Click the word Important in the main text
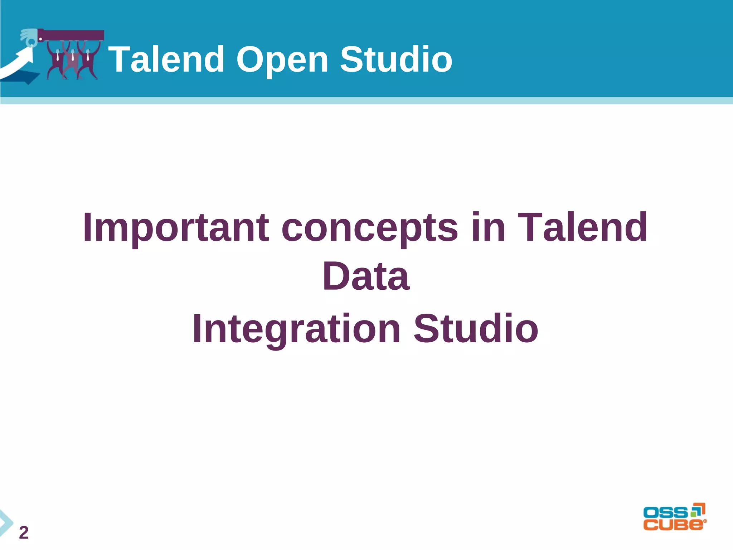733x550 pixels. click(175, 227)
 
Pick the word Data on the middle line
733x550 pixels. click(366, 276)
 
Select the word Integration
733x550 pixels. click(296, 328)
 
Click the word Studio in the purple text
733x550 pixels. click(476, 328)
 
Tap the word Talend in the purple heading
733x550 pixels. click(582, 227)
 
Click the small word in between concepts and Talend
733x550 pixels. click(488, 227)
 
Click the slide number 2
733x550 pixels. click(24, 532)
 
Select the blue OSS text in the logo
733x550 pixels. click(665, 512)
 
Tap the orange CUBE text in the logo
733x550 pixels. click(673, 525)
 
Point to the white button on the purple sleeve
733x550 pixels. click(40, 38)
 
